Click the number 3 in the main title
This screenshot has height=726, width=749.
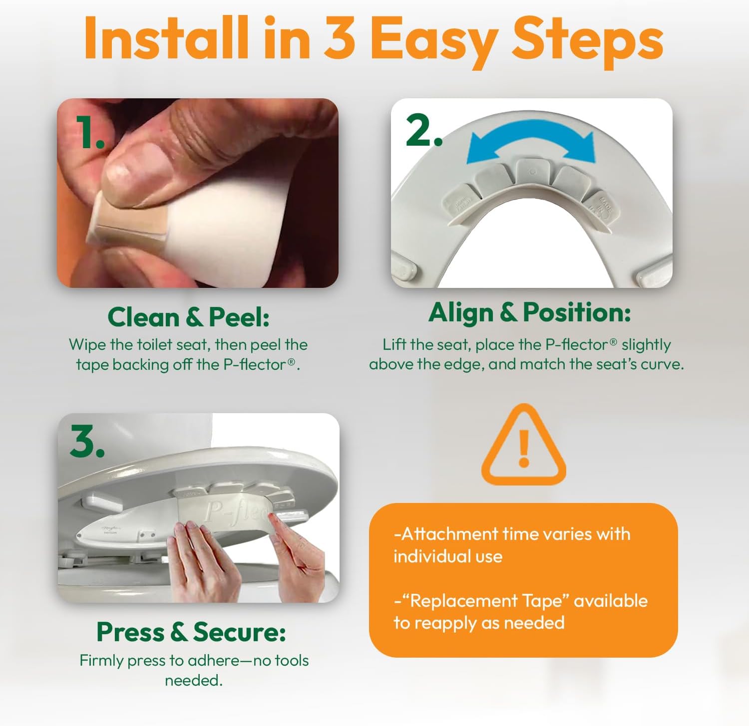point(340,38)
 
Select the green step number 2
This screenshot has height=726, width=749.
point(424,130)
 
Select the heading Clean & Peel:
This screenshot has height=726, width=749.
point(188,317)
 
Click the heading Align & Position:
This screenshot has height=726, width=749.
point(530,313)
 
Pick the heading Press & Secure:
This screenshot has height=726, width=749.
point(191,632)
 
